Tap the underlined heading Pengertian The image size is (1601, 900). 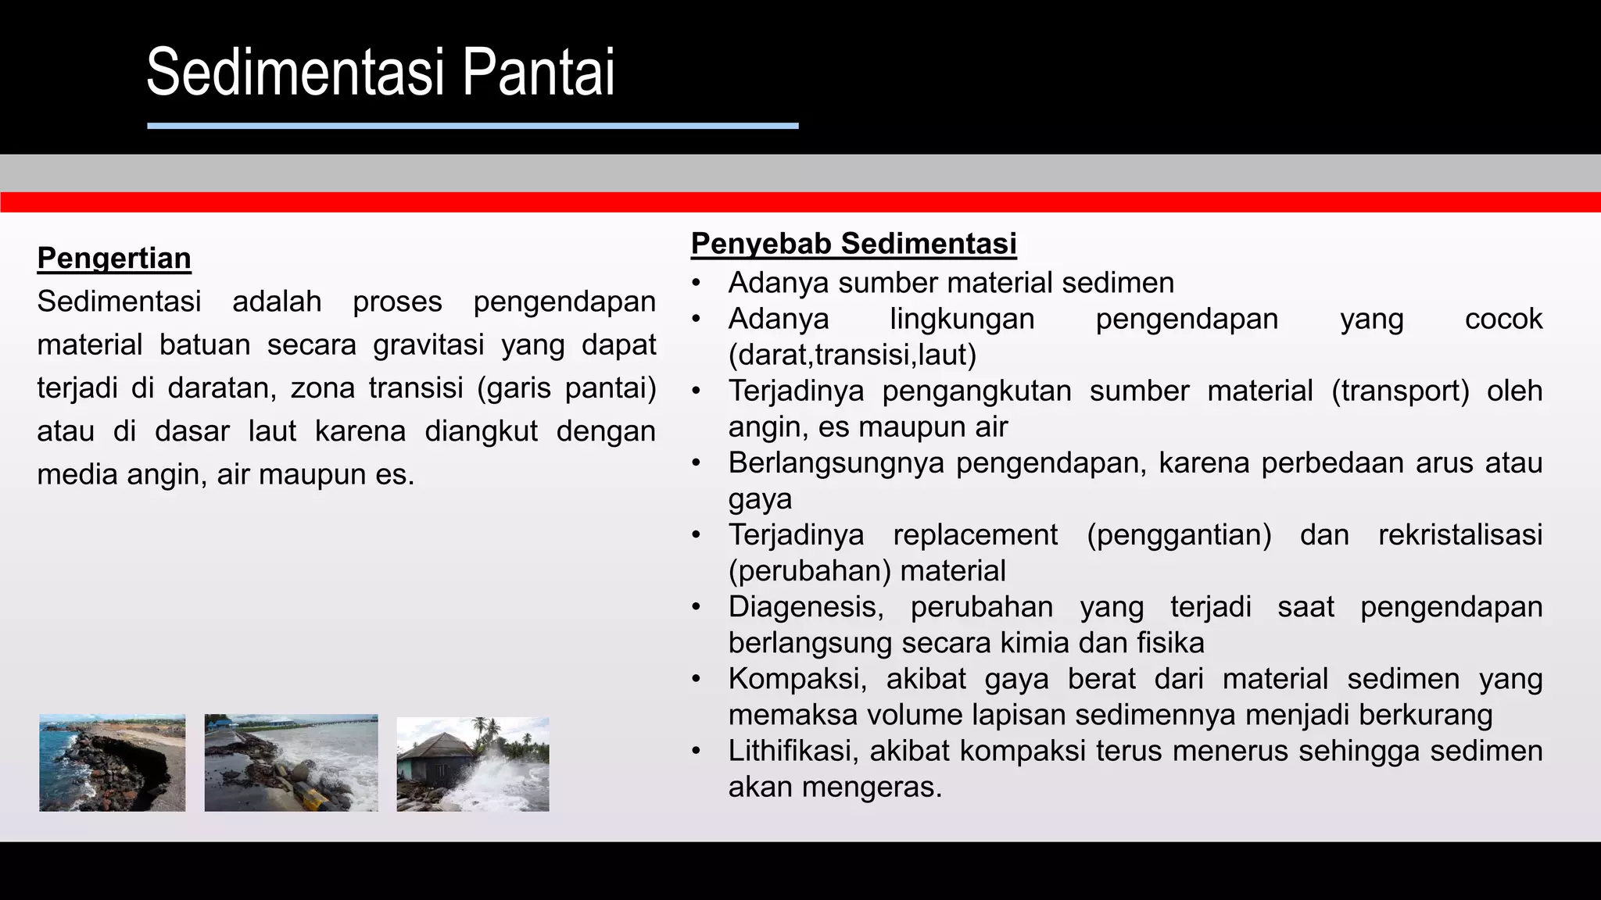(114, 258)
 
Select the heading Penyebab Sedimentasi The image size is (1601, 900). (854, 244)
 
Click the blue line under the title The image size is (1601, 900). (472, 126)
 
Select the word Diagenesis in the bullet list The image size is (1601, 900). (805, 607)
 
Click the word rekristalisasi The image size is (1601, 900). (1460, 535)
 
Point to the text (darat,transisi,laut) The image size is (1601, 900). (852, 355)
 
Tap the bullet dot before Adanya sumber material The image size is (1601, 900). (696, 283)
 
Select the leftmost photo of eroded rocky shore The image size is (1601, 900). (113, 762)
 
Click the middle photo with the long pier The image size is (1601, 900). (291, 762)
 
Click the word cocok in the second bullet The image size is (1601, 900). (1503, 319)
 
